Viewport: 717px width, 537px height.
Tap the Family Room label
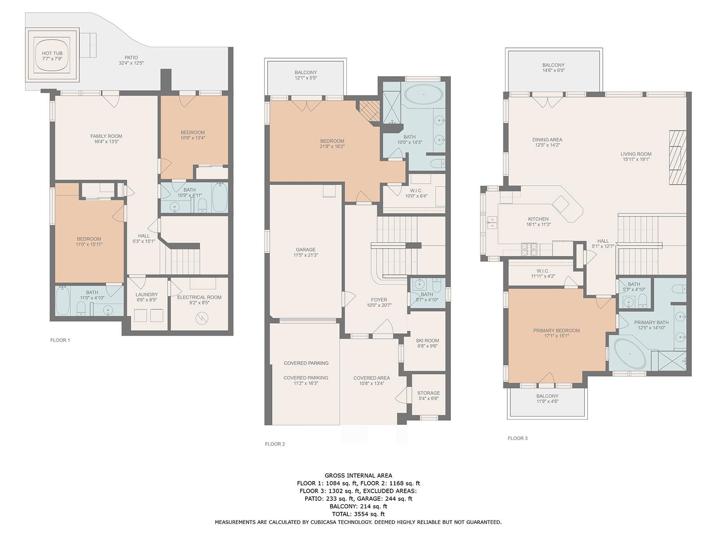click(x=106, y=136)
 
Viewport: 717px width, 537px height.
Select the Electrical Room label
click(x=199, y=297)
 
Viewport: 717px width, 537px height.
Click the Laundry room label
click(x=147, y=294)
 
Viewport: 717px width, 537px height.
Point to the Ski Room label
click(x=427, y=341)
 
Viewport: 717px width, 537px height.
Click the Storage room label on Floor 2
click(x=428, y=393)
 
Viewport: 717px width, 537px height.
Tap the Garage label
click(x=306, y=250)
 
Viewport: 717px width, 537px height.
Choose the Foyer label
click(x=379, y=300)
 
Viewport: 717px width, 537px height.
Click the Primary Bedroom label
click(x=557, y=330)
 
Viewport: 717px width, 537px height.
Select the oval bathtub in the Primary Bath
click(x=630, y=354)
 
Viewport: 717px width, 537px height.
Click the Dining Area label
click(x=548, y=140)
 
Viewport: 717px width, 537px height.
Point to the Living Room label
click(x=636, y=154)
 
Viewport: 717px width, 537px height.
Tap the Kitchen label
click(x=538, y=219)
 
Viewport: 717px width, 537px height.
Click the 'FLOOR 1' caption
click(x=60, y=340)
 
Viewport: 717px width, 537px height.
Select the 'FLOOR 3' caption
click(x=518, y=438)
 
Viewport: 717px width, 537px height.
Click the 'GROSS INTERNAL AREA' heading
click(x=358, y=476)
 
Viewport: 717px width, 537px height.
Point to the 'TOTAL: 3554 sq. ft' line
click(x=358, y=514)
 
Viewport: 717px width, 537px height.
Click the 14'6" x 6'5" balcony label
click(x=553, y=70)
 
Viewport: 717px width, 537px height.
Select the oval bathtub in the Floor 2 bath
click(x=423, y=94)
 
